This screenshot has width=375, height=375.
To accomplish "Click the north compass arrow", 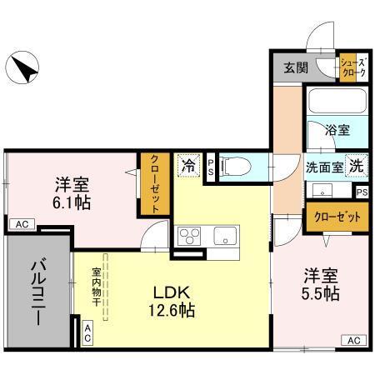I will [x=23, y=66].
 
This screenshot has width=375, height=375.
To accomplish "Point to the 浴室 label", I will [x=337, y=131].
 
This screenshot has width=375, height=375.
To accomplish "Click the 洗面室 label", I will [x=323, y=166].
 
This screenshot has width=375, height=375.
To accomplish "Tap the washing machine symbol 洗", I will [x=356, y=165].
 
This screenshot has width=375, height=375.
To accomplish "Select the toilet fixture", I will [x=234, y=167].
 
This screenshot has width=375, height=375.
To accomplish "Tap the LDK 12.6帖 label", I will [x=172, y=301].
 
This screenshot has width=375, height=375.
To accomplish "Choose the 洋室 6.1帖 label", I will [x=72, y=192].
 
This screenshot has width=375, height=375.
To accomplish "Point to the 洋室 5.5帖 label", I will [x=320, y=283].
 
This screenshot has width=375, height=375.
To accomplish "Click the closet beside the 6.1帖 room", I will [x=155, y=184].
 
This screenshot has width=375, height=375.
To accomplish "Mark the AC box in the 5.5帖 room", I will [x=353, y=339].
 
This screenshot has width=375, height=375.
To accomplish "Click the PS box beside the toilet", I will [x=211, y=166].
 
